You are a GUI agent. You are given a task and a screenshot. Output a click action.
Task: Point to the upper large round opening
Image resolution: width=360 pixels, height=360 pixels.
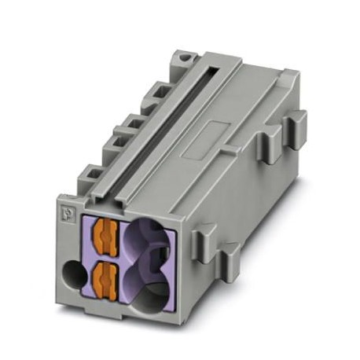point(150,237)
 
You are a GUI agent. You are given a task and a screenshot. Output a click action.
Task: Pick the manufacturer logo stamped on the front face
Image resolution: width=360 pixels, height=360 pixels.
point(65,212)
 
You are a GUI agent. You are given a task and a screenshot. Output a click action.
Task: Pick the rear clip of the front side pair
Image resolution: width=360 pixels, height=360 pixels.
point(230,255)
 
